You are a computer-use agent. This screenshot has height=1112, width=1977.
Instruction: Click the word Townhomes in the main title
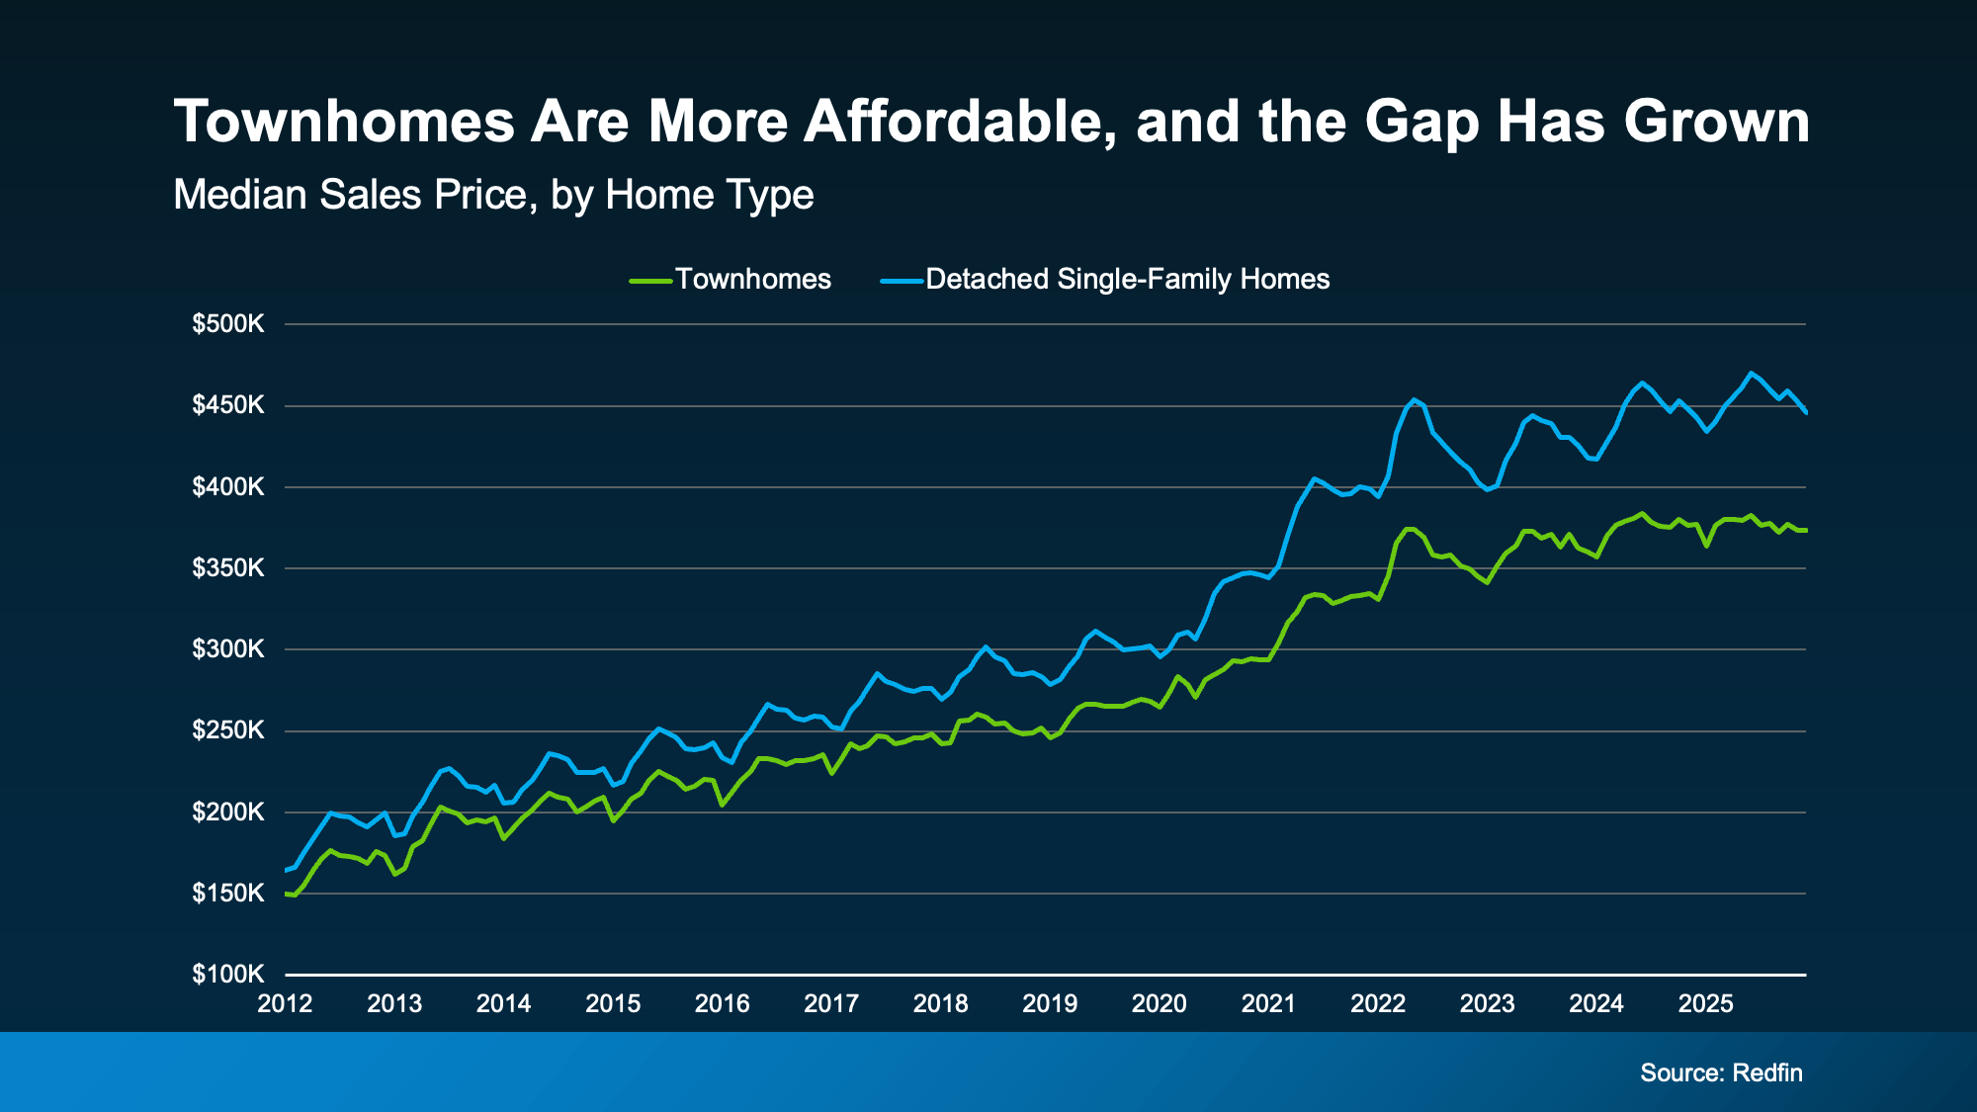[x=343, y=122]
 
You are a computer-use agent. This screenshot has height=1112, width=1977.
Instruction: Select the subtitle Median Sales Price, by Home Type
[x=493, y=195]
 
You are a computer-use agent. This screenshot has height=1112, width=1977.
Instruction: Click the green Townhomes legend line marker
[x=650, y=281]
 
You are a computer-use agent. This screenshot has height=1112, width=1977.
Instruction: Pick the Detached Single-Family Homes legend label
[x=1127, y=280]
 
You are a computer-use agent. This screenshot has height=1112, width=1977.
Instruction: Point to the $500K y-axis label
[x=228, y=324]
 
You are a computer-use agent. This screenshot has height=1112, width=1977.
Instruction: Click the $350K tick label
[x=228, y=568]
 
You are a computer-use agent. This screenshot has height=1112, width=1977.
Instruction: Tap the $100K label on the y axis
[x=228, y=975]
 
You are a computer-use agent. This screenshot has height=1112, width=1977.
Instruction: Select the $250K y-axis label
[x=228, y=731]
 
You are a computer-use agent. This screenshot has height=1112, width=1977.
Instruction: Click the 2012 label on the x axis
[x=285, y=1004]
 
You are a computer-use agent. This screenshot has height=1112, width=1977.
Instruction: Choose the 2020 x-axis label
[x=1159, y=1004]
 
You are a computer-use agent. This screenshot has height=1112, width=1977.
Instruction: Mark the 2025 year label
[x=1705, y=1004]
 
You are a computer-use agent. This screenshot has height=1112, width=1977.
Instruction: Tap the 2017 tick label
[x=831, y=1004]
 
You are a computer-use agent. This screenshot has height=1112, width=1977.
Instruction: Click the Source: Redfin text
[x=1721, y=1073]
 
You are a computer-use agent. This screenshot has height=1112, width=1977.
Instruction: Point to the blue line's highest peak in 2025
[x=1751, y=373]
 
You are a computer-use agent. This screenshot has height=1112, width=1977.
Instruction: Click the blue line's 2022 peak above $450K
[x=1415, y=399]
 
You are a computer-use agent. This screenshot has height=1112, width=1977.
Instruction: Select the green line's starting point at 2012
[x=286, y=894]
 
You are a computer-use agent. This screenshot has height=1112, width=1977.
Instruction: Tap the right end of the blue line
[x=1806, y=412]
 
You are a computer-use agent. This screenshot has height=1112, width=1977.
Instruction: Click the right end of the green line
[x=1806, y=531]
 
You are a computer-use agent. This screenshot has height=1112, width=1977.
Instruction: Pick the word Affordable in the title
[x=961, y=122]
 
